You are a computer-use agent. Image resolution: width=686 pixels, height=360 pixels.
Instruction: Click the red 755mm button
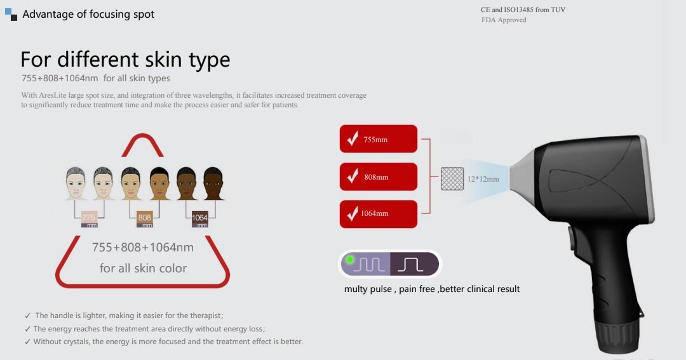pos(379,138)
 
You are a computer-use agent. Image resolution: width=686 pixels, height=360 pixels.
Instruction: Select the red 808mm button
pos(379,177)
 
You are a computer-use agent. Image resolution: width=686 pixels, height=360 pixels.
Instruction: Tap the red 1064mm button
pos(379,214)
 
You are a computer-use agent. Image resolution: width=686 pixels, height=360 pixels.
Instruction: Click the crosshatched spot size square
pos(452,178)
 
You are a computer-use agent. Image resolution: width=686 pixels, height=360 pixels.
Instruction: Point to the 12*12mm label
pos(483,179)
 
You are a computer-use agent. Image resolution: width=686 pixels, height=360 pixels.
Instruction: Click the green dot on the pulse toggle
pos(350,260)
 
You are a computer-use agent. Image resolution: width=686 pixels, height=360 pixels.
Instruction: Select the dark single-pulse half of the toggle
pos(414,264)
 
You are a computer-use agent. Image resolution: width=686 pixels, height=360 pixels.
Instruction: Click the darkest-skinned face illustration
pos(213,183)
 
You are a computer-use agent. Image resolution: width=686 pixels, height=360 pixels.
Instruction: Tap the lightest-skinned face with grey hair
pos(76,183)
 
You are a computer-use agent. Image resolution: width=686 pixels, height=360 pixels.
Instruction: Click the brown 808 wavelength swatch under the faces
pos(144,219)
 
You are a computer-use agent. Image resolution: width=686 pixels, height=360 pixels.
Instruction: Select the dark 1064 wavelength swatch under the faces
pos(200,219)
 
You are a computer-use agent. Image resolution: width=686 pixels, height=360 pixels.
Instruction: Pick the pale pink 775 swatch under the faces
pos(89,219)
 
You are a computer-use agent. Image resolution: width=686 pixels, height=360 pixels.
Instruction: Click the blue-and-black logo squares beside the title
pos(11,15)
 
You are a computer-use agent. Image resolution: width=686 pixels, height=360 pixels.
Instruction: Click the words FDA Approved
pos(504,20)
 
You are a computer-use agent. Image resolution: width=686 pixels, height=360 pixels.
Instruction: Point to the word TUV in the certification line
pos(558,10)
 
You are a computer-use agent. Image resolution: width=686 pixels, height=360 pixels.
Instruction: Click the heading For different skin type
pos(125,60)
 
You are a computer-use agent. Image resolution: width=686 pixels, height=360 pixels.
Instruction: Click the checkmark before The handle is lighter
pos(28,316)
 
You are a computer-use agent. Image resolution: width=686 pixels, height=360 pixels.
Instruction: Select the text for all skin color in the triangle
pos(143,268)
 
